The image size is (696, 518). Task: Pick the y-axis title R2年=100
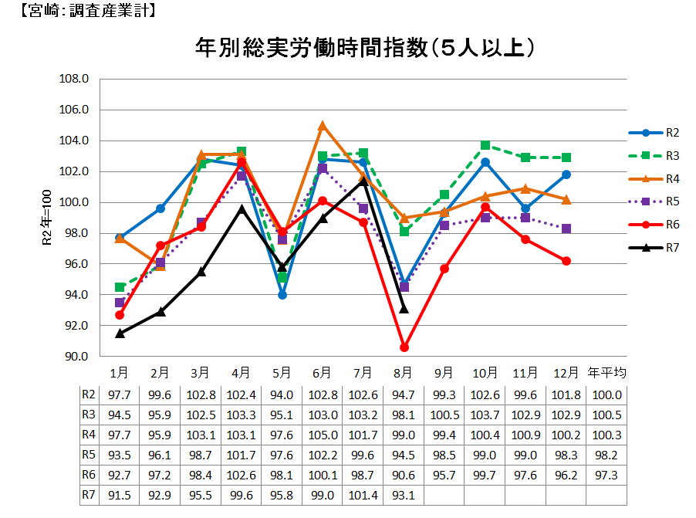(46, 218)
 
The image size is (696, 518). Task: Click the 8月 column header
(404, 373)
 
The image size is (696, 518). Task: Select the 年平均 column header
(607, 373)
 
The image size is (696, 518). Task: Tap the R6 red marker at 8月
(404, 347)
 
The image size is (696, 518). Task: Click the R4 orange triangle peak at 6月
(323, 125)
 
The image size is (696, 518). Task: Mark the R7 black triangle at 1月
(120, 333)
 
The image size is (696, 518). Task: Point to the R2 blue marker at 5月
(282, 295)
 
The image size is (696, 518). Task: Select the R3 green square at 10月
(485, 145)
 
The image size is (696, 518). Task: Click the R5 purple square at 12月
(566, 229)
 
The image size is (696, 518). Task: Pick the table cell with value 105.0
(323, 435)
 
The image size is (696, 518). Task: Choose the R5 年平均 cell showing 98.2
(607, 455)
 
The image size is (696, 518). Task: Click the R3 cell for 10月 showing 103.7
(485, 415)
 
